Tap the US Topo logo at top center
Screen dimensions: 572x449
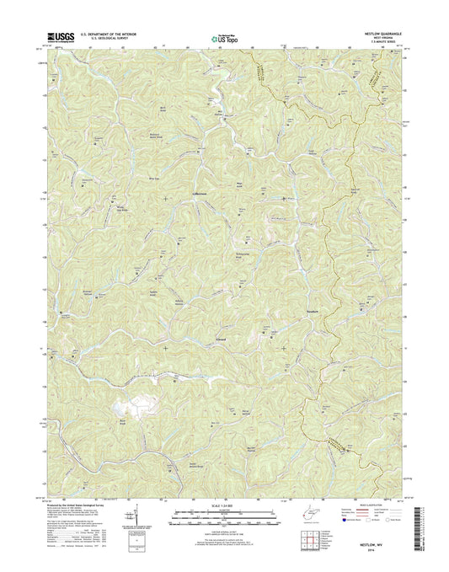click(224, 37)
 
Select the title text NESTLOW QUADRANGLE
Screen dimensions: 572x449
click(381, 34)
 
